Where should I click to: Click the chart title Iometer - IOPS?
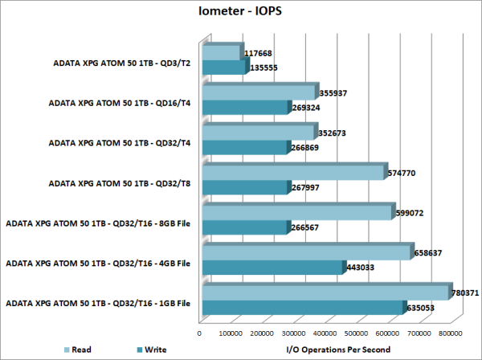coord(239,12)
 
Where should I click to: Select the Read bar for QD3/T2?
coord(221,53)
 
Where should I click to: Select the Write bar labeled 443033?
coord(272,268)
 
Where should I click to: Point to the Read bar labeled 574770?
coord(293,173)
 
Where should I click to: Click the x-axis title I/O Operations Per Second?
coord(338,350)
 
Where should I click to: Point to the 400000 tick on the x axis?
coord(324,331)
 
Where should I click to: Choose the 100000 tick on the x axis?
coord(231,331)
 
